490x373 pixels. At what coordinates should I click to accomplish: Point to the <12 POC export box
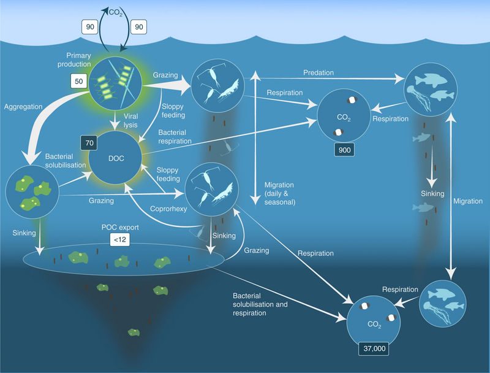click(x=119, y=240)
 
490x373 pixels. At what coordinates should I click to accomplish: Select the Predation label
click(x=318, y=72)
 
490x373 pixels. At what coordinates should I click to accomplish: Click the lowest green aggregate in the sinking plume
click(x=133, y=332)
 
